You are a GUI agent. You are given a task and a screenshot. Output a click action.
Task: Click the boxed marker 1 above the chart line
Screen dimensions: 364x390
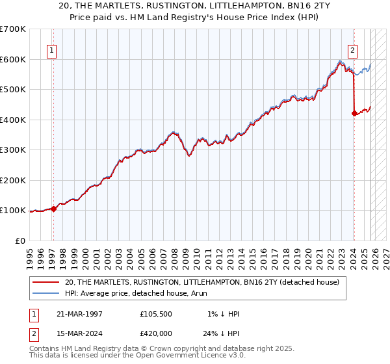pos(51,50)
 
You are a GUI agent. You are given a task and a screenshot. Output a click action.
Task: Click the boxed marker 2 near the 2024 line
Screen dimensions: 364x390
pos(352,50)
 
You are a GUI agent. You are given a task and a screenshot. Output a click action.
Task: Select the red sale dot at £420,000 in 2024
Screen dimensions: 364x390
pos(354,114)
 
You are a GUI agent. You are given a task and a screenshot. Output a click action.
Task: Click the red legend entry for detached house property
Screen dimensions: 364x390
pos(202,282)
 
